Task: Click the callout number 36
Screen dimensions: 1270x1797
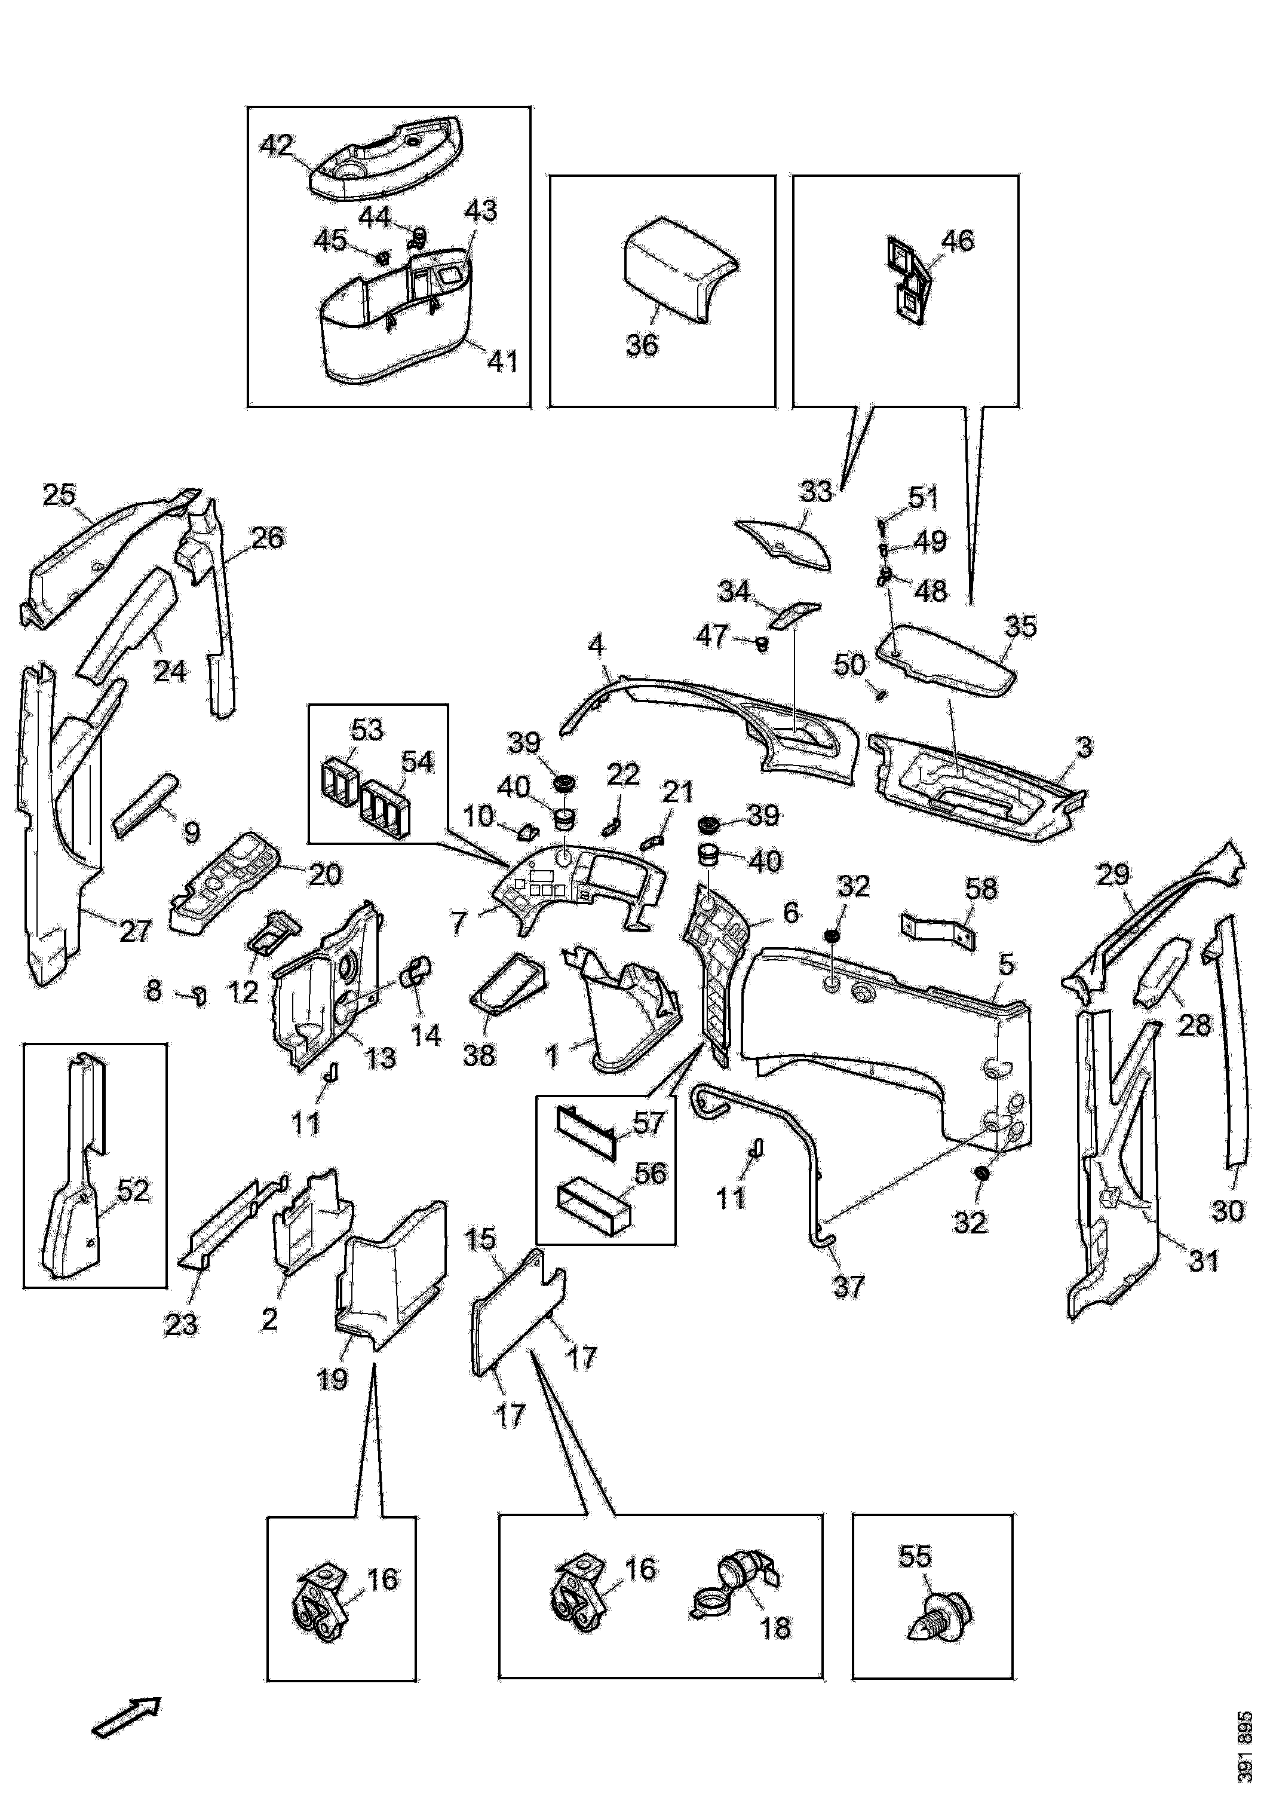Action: coord(642,345)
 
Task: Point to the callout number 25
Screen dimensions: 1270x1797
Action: coord(60,495)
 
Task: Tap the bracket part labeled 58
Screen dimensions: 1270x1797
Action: coord(938,930)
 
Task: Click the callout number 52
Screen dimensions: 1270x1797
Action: coord(133,1190)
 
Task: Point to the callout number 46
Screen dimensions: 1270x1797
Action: coord(958,240)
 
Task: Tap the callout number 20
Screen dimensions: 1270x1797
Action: coord(325,874)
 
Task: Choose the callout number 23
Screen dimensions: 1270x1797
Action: coord(181,1324)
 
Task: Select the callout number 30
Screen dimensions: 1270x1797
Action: coord(1227,1211)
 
